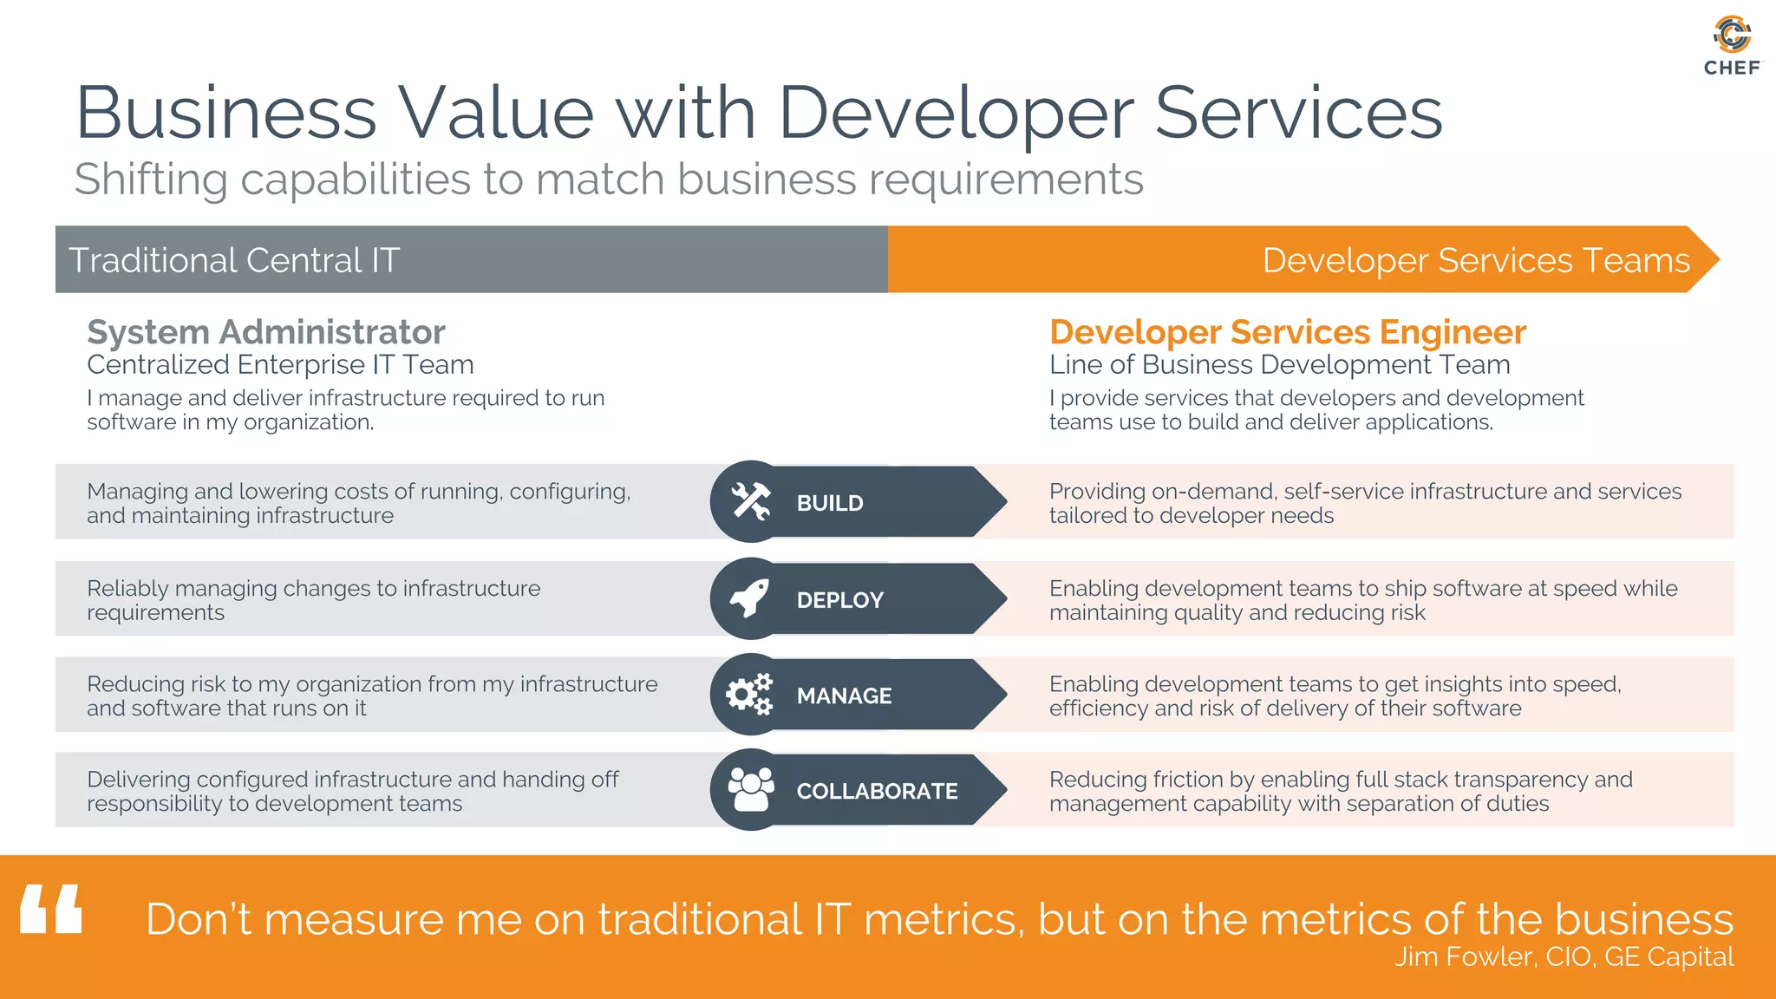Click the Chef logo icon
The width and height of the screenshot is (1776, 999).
1732,35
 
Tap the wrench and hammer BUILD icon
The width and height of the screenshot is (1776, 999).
750,502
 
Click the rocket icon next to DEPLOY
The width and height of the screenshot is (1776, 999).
750,598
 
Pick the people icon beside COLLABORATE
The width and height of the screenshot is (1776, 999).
750,790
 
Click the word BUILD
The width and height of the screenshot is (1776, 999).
830,503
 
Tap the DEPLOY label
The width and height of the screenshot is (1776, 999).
839,600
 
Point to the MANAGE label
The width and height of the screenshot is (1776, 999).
844,695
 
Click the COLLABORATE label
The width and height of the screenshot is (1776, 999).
877,791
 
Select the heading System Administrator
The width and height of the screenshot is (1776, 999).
266,332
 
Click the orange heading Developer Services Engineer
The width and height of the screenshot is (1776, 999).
1287,332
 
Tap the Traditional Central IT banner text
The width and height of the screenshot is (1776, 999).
234,260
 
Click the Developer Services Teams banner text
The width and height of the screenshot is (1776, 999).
1475,260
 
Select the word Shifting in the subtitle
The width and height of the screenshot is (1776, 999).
150,180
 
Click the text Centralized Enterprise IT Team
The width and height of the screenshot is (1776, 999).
280,365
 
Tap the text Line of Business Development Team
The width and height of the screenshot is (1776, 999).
1279,365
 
